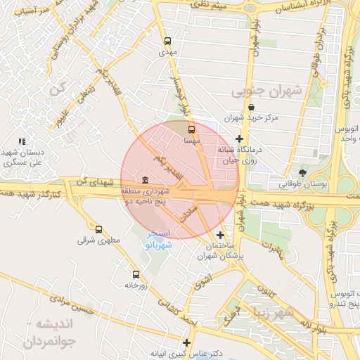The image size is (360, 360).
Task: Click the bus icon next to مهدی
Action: tap(167, 41)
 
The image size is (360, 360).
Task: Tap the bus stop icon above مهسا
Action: tap(192, 129)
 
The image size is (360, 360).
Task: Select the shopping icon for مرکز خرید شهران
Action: tap(251, 108)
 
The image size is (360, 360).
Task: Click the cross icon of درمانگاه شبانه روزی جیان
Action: tap(240, 139)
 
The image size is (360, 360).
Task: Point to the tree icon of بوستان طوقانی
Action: tap(302, 172)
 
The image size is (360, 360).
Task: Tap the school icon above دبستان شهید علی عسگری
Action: tap(22, 141)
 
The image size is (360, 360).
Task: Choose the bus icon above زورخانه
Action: tap(135, 274)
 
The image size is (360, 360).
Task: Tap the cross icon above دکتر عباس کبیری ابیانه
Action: tap(186, 342)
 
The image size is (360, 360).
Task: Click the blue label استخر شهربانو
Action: tap(158, 239)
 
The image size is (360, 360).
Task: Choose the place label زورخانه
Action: tap(135, 285)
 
